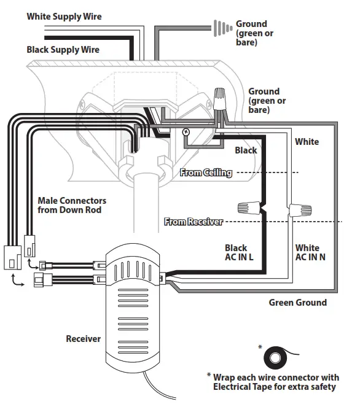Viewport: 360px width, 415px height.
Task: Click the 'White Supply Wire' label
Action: (x=64, y=17)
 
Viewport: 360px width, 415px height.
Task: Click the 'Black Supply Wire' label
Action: (x=63, y=50)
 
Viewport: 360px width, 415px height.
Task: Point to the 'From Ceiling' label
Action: (x=206, y=173)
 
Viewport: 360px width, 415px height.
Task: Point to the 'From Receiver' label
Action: (x=193, y=222)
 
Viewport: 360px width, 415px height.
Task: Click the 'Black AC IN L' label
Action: (x=239, y=252)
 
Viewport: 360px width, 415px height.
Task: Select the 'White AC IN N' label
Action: (x=310, y=252)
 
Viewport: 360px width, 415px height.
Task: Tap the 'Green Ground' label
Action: (x=297, y=303)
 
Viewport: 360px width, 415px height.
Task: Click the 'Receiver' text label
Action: (x=83, y=339)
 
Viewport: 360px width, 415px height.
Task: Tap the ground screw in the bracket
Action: (x=186, y=132)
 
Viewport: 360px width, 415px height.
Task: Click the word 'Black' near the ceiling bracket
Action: (x=246, y=150)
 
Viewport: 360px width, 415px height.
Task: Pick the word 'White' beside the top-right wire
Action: (x=307, y=142)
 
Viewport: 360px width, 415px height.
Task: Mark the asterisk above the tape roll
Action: (x=260, y=348)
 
